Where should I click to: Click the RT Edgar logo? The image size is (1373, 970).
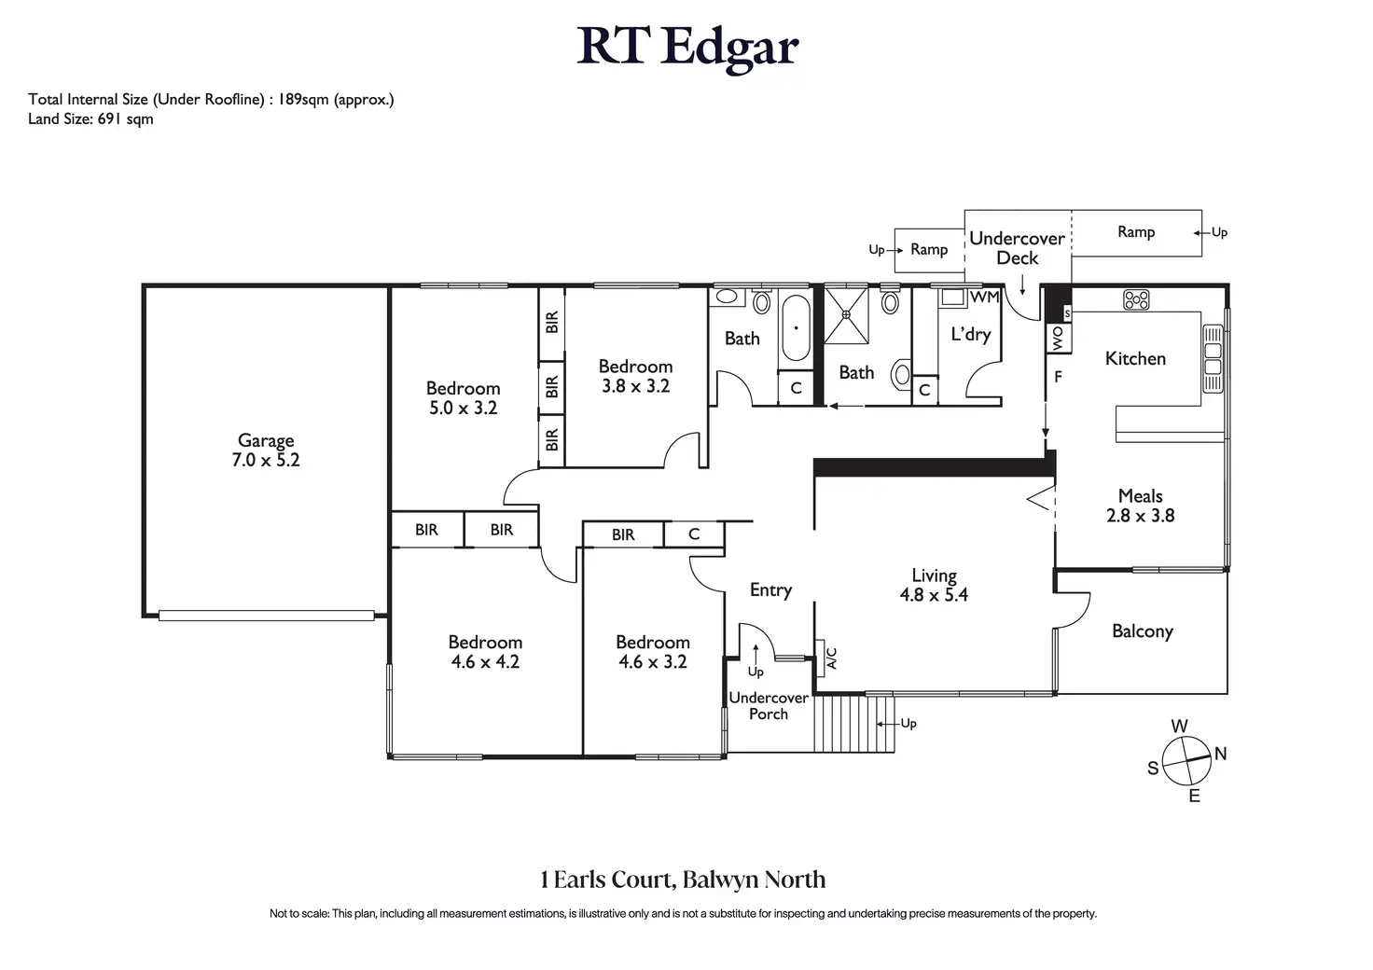687,48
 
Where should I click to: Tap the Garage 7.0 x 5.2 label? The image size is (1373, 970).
266,450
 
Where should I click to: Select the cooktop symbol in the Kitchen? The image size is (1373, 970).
1136,299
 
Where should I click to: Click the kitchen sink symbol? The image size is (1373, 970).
1213,358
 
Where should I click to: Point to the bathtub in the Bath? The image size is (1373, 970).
796,327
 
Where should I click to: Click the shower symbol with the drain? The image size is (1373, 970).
846,314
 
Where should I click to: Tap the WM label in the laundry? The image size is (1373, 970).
985,298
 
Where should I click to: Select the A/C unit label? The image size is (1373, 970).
831,658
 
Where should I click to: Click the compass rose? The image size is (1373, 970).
1186,761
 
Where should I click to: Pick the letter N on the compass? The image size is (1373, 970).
1220,754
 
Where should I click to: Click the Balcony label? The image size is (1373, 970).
1143,631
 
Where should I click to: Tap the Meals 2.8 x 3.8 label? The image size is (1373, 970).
1140,506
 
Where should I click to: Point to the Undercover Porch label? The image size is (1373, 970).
769,705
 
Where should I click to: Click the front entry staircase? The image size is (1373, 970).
854,724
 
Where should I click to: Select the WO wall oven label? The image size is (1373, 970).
1058,339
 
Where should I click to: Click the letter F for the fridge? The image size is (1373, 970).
1058,377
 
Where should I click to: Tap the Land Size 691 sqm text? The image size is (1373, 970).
90,118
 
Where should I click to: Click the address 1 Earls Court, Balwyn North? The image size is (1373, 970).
683,880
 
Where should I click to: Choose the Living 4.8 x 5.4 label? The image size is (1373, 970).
934,585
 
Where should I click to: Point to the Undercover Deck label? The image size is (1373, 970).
1017,248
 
